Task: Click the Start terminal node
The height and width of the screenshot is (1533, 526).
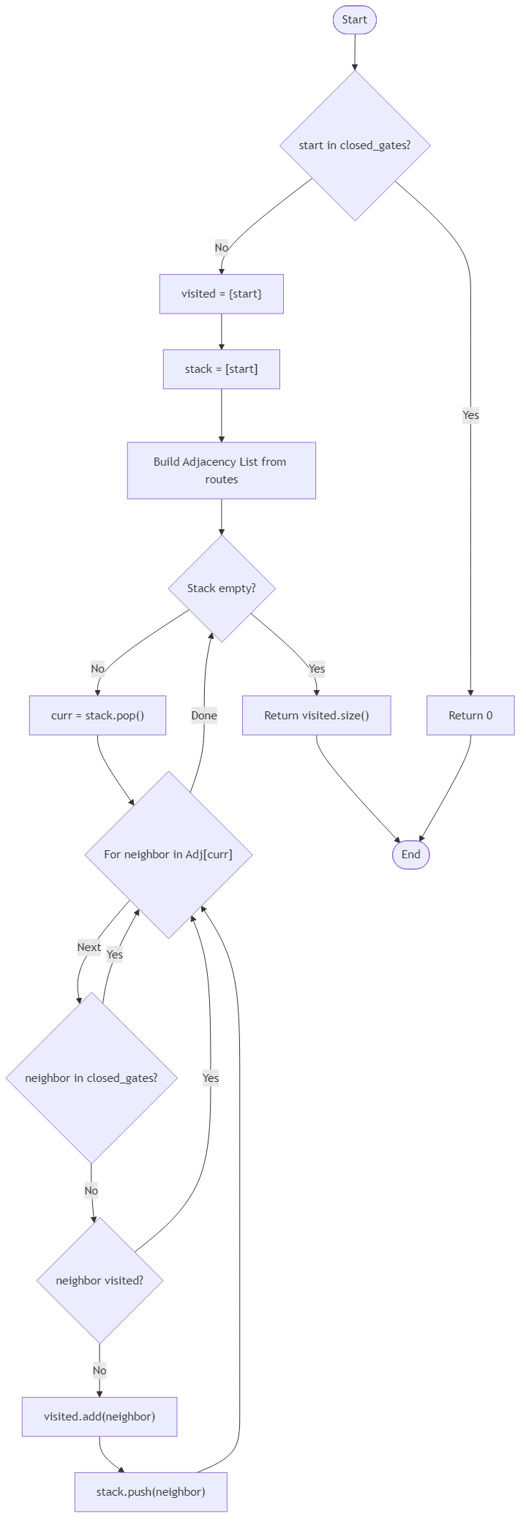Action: [354, 20]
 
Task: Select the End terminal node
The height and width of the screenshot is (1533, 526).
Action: [410, 855]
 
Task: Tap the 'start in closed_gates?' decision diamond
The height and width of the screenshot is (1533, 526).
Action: [354, 145]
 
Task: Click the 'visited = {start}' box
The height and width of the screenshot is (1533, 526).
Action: [221, 294]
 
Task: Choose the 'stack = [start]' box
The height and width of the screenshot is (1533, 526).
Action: [221, 369]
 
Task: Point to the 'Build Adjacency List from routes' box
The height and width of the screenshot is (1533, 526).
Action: [221, 470]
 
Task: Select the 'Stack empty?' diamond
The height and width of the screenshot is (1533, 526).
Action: [221, 588]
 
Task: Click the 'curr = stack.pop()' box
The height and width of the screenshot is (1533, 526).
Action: [97, 715]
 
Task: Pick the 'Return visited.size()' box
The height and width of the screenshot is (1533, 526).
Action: [316, 715]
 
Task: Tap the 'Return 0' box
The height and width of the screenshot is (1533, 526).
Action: [470, 715]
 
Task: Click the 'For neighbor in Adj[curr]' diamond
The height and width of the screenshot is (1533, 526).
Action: [168, 855]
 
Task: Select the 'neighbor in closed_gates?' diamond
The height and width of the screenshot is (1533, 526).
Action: [91, 1078]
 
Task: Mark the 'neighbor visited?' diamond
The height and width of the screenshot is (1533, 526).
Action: [99, 1280]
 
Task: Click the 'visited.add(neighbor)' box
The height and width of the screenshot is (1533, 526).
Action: [99, 1416]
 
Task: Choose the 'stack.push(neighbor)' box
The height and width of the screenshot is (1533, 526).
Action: [151, 1491]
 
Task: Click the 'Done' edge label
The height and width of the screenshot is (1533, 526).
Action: [204, 716]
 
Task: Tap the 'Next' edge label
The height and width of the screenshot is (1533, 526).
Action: [89, 947]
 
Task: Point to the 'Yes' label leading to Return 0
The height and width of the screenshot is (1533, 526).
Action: [470, 415]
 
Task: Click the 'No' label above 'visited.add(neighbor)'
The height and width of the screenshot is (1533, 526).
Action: [99, 1371]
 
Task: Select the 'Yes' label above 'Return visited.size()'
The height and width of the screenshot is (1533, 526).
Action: [316, 668]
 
